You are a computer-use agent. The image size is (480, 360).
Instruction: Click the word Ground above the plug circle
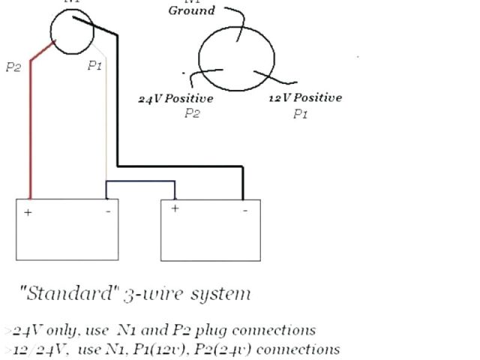pyautogui.click(x=191, y=10)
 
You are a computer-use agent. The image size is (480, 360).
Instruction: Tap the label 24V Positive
pyautogui.click(x=176, y=98)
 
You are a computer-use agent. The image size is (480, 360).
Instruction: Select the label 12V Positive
pyautogui.click(x=305, y=97)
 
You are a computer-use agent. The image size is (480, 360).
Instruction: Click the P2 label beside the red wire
pyautogui.click(x=13, y=67)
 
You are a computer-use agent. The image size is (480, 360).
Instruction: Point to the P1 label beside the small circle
pyautogui.click(x=94, y=66)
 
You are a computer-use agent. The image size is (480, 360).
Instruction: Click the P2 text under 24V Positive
pyautogui.click(x=192, y=113)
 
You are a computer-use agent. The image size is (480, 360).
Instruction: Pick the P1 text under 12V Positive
pyautogui.click(x=301, y=114)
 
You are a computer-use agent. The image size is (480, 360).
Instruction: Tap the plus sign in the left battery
pyautogui.click(x=28, y=212)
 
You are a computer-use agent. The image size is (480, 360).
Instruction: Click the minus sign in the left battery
pyautogui.click(x=108, y=211)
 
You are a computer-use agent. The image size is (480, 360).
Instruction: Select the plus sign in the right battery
pyautogui.click(x=175, y=208)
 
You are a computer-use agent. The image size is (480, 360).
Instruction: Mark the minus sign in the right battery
pyautogui.click(x=244, y=211)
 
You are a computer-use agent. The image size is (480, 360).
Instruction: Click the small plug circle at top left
pyautogui.click(x=72, y=31)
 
